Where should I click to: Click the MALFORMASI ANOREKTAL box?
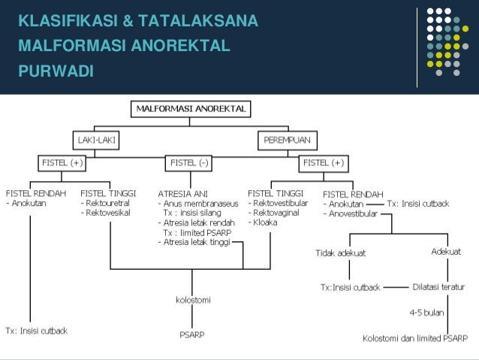tap(191, 109)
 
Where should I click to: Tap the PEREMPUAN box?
tap(288, 140)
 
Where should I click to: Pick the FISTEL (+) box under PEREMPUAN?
tap(324, 162)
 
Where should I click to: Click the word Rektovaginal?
tap(279, 213)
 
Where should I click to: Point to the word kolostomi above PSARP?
tap(193, 300)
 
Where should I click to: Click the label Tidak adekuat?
tap(340, 253)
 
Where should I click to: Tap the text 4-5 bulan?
tap(426, 311)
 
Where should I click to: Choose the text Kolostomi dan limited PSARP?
tap(414, 337)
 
